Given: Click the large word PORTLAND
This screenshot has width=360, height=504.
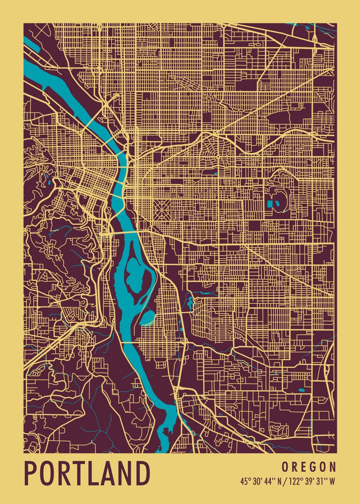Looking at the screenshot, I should (87, 474).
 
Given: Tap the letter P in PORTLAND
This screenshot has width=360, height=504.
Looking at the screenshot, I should (31, 474).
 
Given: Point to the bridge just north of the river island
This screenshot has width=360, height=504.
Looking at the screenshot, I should (124, 231).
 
